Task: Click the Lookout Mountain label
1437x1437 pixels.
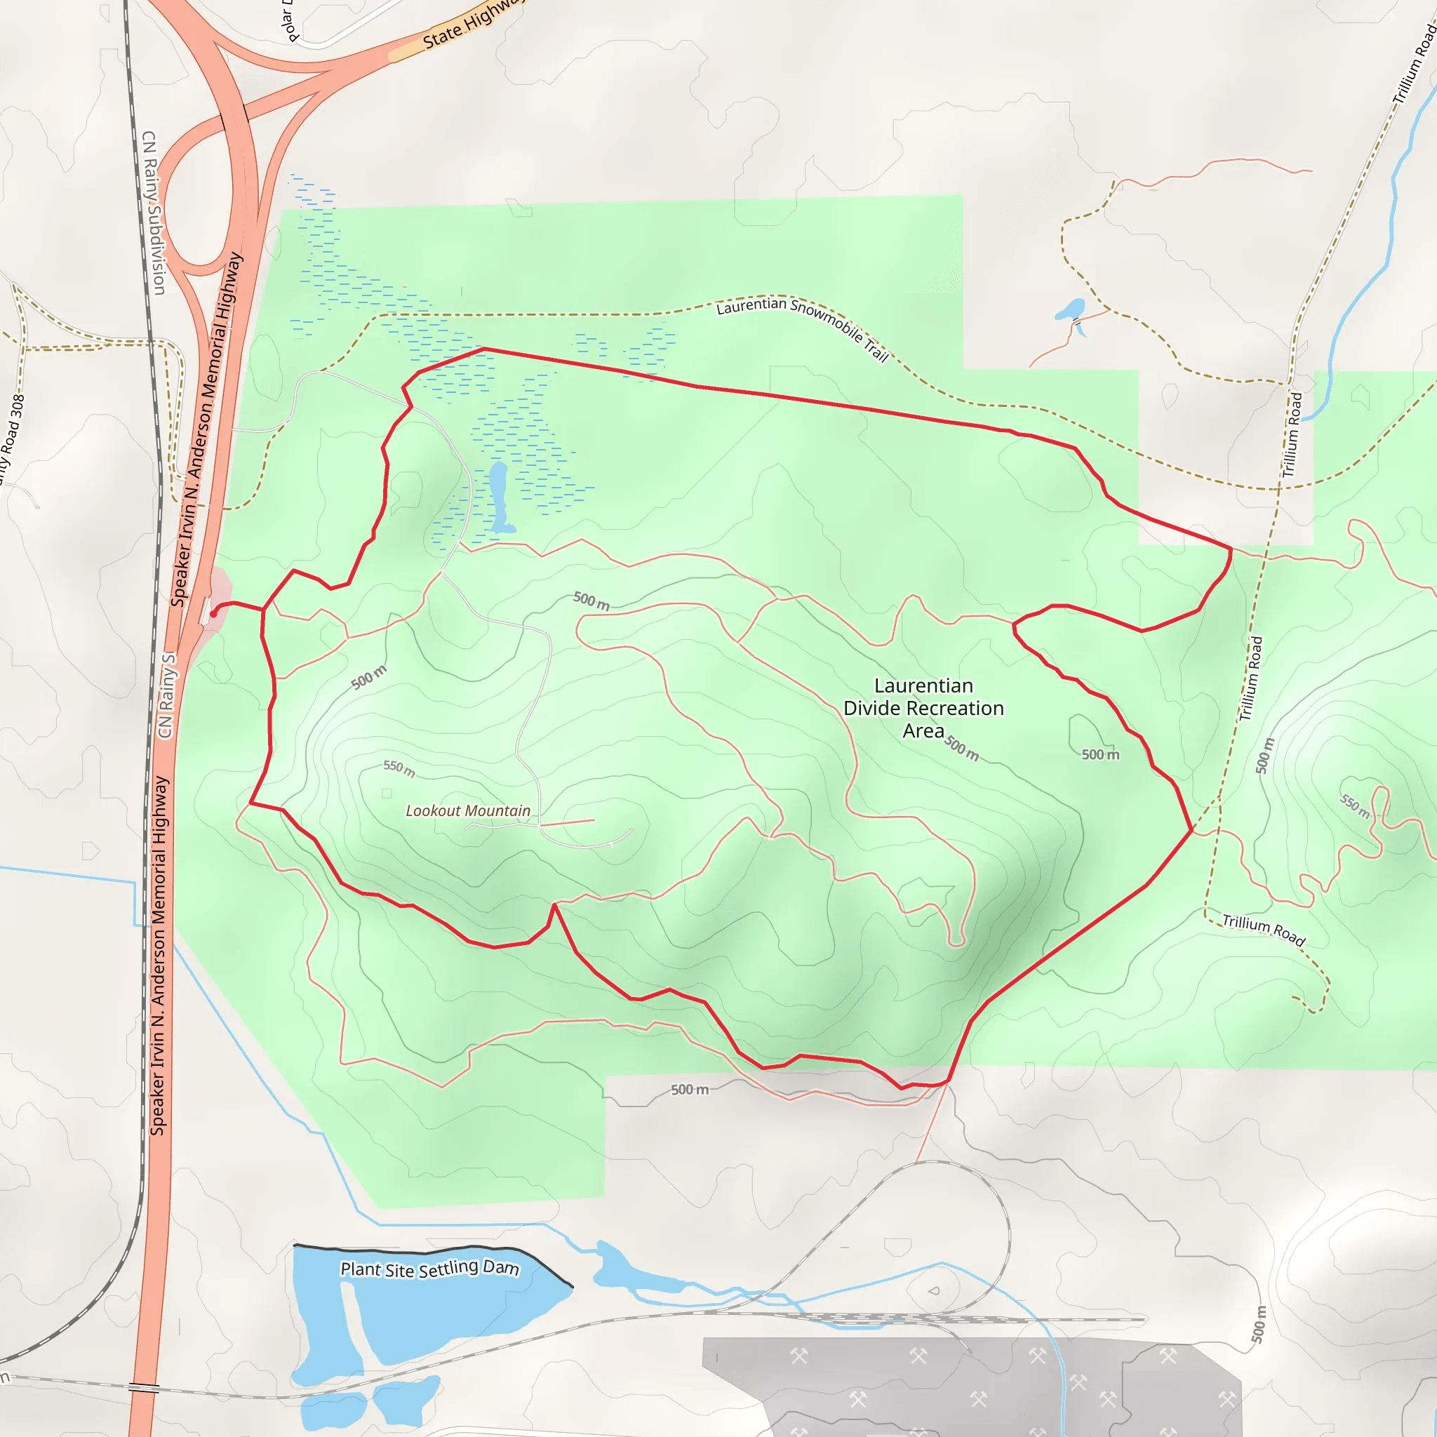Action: [x=468, y=810]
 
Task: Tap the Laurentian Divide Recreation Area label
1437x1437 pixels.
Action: [x=923, y=708]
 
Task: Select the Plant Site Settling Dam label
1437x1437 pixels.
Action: [x=430, y=1268]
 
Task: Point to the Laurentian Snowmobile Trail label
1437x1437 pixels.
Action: [x=803, y=325]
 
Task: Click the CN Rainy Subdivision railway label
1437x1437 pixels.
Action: [x=153, y=213]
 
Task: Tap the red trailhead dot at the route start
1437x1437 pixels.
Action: [x=213, y=614]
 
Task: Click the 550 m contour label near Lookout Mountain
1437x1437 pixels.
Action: [x=399, y=768]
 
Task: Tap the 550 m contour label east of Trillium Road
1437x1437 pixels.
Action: [x=1355, y=806]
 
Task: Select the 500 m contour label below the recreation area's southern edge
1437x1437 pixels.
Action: [x=690, y=1090]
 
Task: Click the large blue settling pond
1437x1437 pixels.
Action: [x=446, y=1309]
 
